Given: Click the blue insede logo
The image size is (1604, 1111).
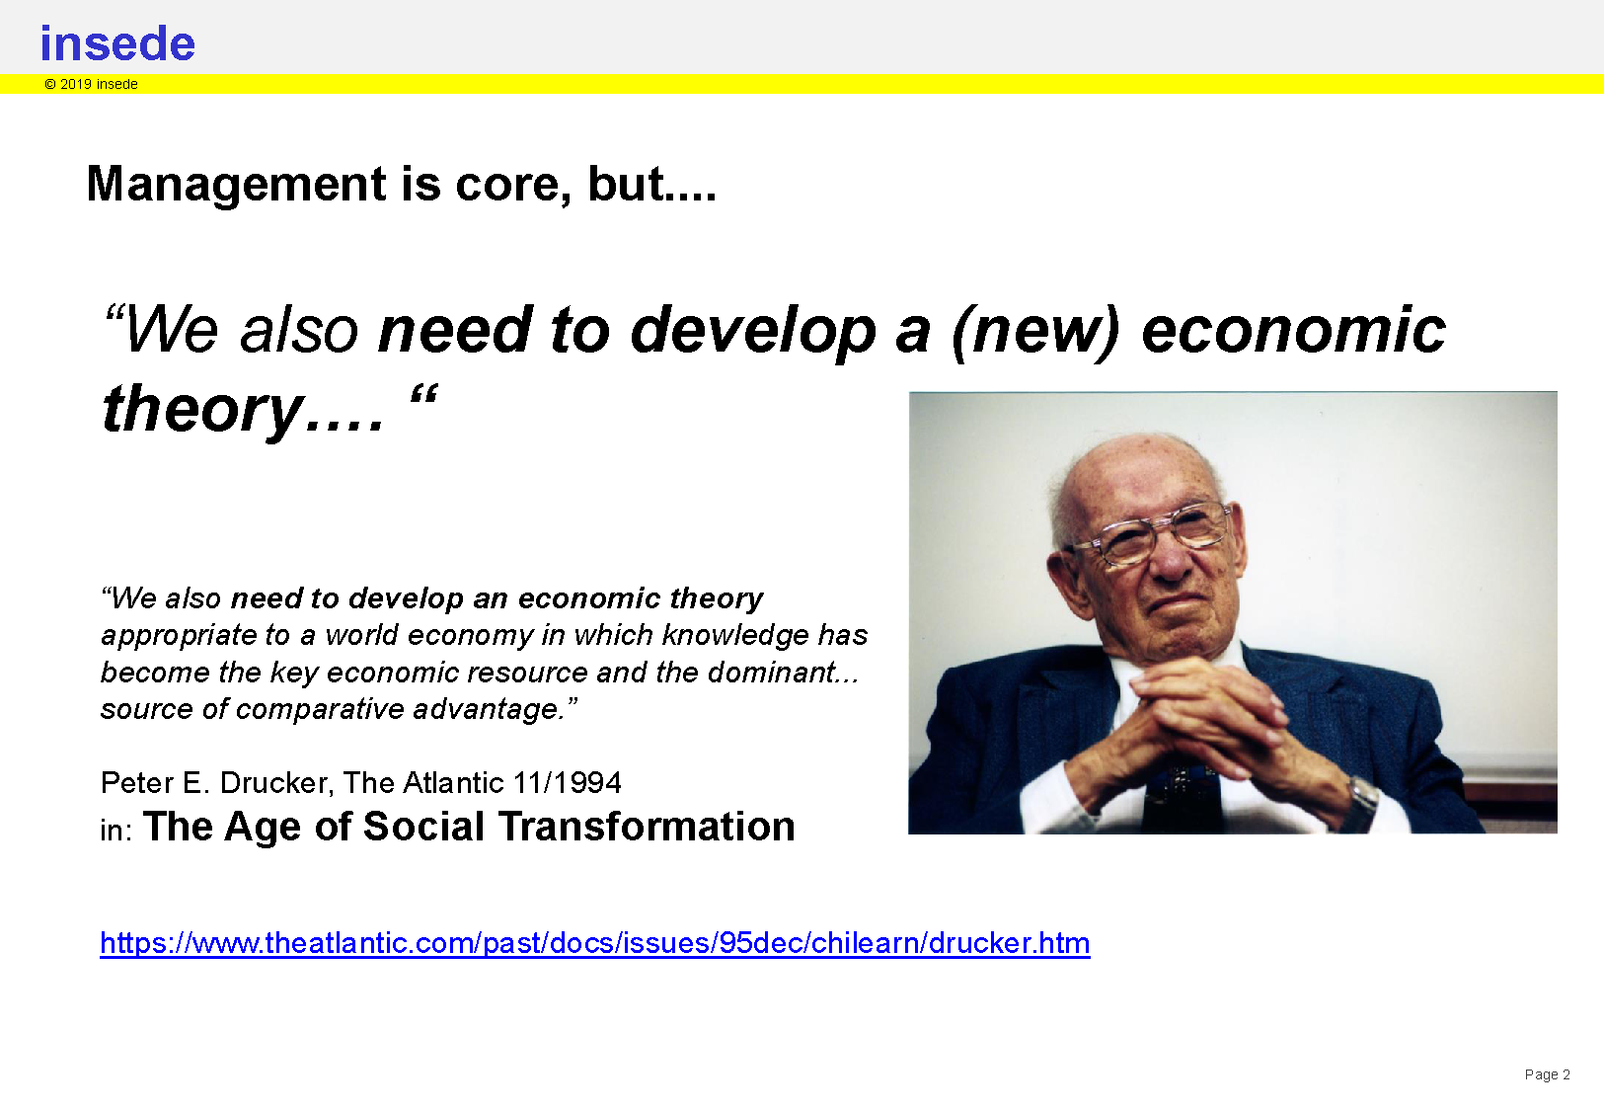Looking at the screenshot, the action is click(x=117, y=43).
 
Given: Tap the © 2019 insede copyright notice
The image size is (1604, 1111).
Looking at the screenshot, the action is click(x=91, y=85).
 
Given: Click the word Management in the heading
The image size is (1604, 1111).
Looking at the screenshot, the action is click(x=237, y=186).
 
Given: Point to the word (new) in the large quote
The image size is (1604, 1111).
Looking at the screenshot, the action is click(x=1035, y=331).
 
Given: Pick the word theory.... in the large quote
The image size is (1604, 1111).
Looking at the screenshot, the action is click(x=244, y=411).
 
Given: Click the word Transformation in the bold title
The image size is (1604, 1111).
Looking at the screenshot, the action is click(x=647, y=827).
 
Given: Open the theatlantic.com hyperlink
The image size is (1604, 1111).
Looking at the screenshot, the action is click(x=595, y=943).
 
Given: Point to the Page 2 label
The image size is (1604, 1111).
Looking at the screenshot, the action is click(x=1547, y=1074).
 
